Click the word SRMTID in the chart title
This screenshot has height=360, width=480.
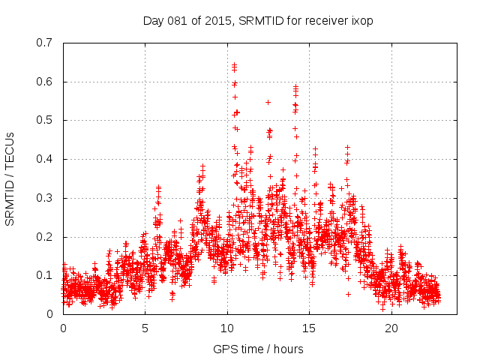click(259, 21)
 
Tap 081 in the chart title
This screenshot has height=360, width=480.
click(178, 21)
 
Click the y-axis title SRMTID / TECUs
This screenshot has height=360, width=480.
click(10, 178)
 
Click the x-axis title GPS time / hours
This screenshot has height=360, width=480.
click(258, 349)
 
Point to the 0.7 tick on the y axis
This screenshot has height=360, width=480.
click(46, 43)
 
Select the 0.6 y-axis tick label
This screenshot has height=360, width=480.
click(46, 82)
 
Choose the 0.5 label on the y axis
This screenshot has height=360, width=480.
click(46, 120)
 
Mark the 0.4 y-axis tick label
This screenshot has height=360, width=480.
click(46, 159)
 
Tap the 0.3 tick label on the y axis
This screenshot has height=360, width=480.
click(46, 198)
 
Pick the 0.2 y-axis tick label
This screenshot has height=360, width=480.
click(46, 237)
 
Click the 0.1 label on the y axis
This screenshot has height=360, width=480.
click(46, 275)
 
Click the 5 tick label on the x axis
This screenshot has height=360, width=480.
click(145, 328)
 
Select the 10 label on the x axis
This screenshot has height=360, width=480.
click(227, 328)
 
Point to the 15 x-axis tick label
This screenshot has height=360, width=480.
click(310, 328)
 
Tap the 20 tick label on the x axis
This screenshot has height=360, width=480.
click(391, 328)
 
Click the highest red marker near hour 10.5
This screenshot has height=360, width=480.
click(234, 65)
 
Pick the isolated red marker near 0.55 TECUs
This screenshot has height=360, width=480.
click(268, 102)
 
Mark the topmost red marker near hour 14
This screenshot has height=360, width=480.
click(295, 86)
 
